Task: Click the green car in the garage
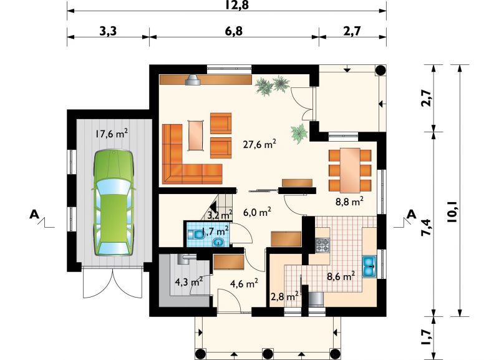pyautogui.click(x=113, y=202)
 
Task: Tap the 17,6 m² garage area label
pyautogui.click(x=112, y=134)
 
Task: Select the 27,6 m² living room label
pyautogui.click(x=259, y=144)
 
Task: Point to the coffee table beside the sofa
pyautogui.click(x=196, y=135)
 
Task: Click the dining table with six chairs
pyautogui.click(x=350, y=170)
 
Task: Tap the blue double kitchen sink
pyautogui.click(x=369, y=266)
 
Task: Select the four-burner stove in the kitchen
pyautogui.click(x=322, y=245)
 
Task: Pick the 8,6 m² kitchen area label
pyautogui.click(x=341, y=276)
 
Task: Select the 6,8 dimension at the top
pyautogui.click(x=234, y=31)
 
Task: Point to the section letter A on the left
pyautogui.click(x=34, y=214)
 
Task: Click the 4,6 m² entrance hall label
pyautogui.click(x=244, y=283)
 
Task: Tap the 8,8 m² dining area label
pyautogui.click(x=349, y=202)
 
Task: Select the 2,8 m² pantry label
pyautogui.click(x=284, y=297)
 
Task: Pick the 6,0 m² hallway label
pyautogui.click(x=257, y=212)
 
